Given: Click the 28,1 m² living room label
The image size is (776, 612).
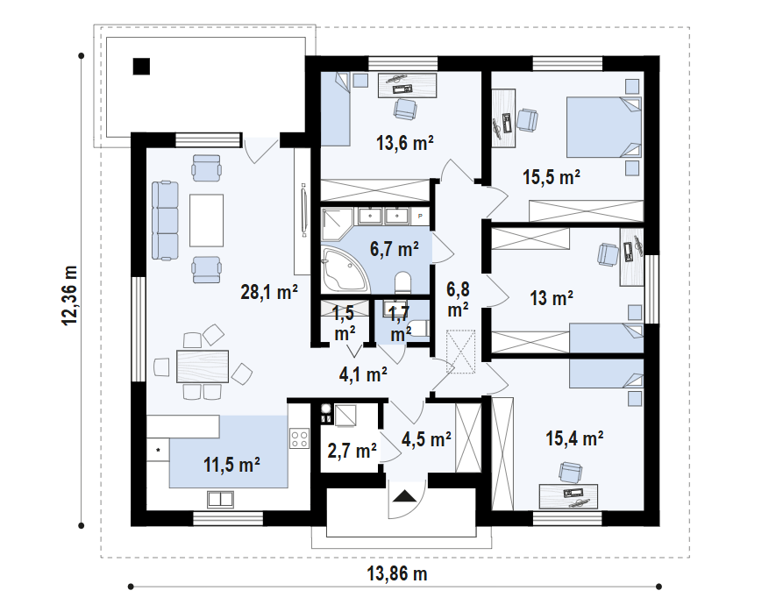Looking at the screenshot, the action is click(268, 292).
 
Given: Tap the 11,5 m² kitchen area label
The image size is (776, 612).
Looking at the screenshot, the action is click(231, 465).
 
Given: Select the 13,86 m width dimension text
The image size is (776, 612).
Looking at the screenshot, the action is click(397, 574).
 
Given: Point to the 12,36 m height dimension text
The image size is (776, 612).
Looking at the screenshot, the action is click(70, 295).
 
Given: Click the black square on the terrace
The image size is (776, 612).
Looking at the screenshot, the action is click(141, 67).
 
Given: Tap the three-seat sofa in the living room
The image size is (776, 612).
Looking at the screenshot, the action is click(165, 221).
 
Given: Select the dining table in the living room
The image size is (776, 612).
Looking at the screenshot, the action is click(203, 366).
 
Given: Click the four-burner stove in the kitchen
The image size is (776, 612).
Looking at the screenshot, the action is click(299, 438).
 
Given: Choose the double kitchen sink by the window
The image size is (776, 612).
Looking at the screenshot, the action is click(220, 499).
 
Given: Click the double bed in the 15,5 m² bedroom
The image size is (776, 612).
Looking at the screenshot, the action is click(604, 127).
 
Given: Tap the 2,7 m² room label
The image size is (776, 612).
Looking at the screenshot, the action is click(352, 451).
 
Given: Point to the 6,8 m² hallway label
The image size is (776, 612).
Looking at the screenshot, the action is click(459, 299).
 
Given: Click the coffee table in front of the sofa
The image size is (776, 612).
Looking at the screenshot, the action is click(206, 220).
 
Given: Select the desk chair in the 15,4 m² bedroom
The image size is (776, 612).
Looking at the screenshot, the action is click(571, 472).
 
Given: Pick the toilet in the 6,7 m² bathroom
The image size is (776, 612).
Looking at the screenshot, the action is click(403, 282).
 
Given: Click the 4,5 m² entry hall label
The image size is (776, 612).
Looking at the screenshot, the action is click(426, 439).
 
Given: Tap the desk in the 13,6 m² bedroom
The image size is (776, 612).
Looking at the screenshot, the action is click(408, 85).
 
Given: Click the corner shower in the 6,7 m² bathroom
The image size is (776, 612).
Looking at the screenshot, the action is click(337, 224).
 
